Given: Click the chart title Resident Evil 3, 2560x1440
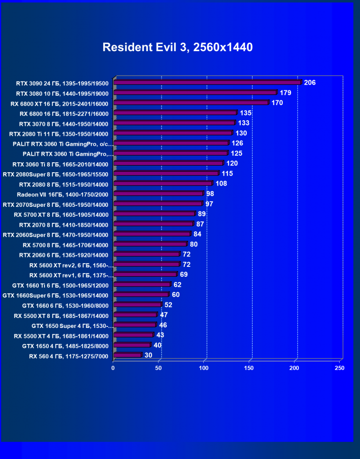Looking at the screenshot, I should pyautogui.click(x=178, y=47).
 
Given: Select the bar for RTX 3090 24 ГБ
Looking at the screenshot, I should pyautogui.click(x=207, y=82).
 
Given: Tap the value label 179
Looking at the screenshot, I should pyautogui.click(x=285, y=93).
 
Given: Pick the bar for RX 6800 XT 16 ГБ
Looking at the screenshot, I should pyautogui.click(x=191, y=103).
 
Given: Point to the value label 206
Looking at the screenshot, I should pyautogui.click(x=309, y=83).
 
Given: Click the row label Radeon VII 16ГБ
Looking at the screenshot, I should pyautogui.click(x=63, y=194).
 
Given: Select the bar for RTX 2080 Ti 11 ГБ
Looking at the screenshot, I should pyautogui.click(x=173, y=133).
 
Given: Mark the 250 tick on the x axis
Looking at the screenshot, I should pyautogui.click(x=339, y=367).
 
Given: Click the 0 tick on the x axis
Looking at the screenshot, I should pyautogui.click(x=113, y=367).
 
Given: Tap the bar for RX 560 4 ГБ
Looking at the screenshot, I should pyautogui.click(x=127, y=355).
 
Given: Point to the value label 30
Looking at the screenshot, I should pyautogui.click(x=148, y=355).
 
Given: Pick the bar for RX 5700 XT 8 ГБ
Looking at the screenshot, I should pyautogui.click(x=154, y=214).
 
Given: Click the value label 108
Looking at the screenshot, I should pyautogui.click(x=221, y=184).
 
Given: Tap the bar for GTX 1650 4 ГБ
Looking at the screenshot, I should pyautogui.click(x=132, y=345).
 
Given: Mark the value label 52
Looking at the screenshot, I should pyautogui.click(x=168, y=305).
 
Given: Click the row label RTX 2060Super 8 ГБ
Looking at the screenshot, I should pyautogui.click(x=55, y=235).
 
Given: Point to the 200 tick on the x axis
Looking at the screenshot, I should pyautogui.click(x=294, y=367).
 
